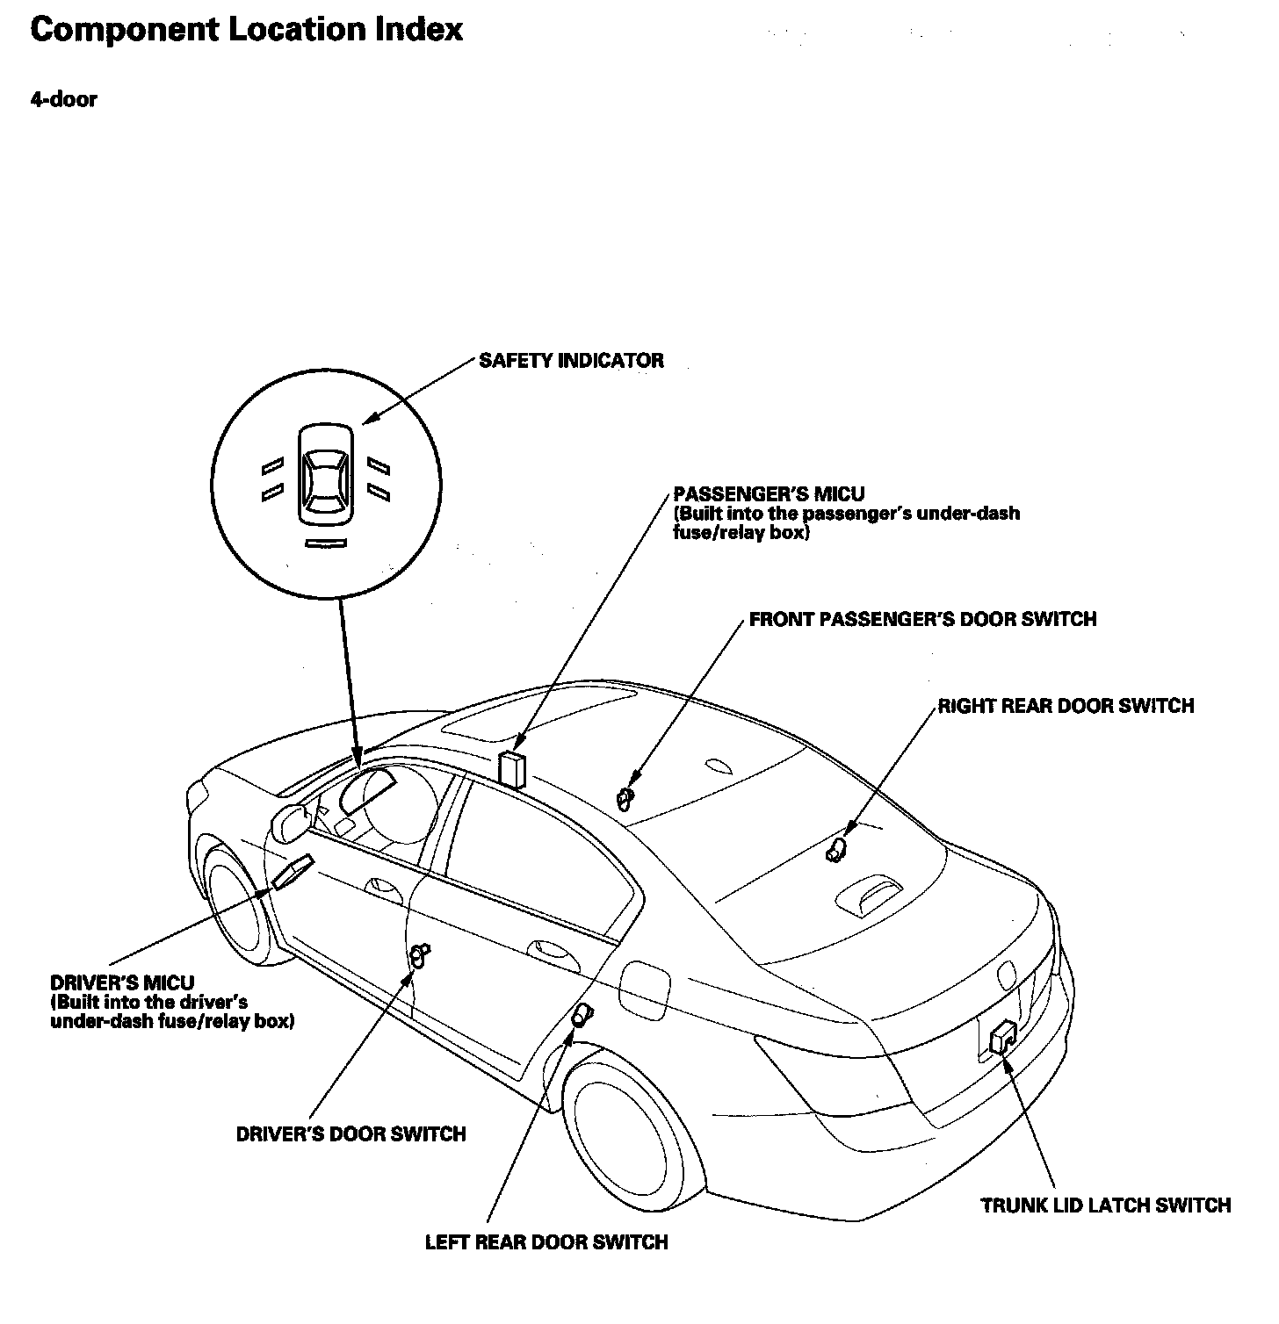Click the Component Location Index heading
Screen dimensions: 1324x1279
246,31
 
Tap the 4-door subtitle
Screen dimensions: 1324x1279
63,99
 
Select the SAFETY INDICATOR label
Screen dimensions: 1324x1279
571,361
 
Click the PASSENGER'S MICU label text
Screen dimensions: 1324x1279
769,494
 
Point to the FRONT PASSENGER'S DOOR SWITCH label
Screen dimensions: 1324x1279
922,620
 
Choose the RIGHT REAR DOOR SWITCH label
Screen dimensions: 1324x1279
1066,706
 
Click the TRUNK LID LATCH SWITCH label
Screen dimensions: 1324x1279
1106,1205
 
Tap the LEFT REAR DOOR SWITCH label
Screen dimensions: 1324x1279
546,1242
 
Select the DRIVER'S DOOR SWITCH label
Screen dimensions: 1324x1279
350,1133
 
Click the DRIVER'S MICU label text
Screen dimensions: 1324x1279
122,982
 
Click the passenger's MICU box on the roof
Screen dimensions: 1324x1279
511,768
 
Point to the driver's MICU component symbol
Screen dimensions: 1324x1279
292,872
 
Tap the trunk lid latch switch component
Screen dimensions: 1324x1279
1002,1038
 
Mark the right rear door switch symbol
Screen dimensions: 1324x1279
836,849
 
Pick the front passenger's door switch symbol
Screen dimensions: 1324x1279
625,799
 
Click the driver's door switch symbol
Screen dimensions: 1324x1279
420,954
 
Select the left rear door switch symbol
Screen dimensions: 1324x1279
582,1016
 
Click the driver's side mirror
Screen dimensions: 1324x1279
291,823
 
